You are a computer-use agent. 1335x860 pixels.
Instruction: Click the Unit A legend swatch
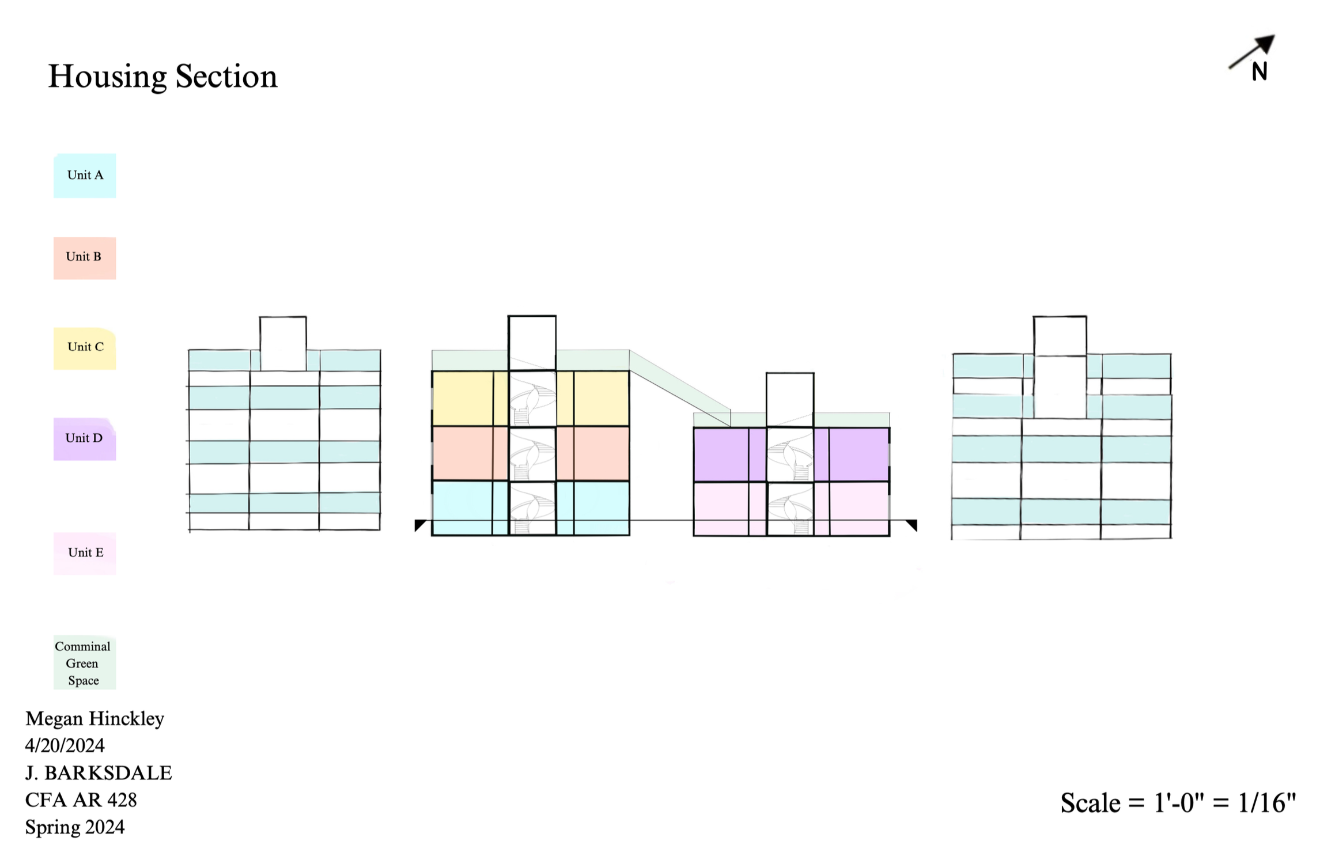coord(85,176)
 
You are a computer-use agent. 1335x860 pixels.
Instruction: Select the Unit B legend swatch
coord(85,258)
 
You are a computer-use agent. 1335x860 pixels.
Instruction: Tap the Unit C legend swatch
coord(85,348)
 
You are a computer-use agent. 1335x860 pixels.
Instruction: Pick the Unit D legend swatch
coord(85,439)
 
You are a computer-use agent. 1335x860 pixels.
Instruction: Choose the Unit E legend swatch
coord(85,553)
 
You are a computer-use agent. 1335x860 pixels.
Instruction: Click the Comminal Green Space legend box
coord(84,663)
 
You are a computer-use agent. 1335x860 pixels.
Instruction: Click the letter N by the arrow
coord(1260,72)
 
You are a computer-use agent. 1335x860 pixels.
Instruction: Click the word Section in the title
coord(226,77)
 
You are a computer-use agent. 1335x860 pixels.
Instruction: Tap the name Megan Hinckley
coord(94,719)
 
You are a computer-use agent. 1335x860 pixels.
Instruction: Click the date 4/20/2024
coord(65,746)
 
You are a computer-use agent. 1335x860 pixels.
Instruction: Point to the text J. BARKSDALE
coord(98,773)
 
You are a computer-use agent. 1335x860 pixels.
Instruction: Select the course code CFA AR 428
coord(81,800)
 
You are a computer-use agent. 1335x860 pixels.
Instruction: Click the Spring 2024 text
coord(74,827)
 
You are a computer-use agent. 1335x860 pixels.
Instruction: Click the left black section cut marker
coord(420,525)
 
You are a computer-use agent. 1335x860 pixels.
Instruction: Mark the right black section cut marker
coord(912,525)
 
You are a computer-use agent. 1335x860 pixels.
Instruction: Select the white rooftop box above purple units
coord(789,400)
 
